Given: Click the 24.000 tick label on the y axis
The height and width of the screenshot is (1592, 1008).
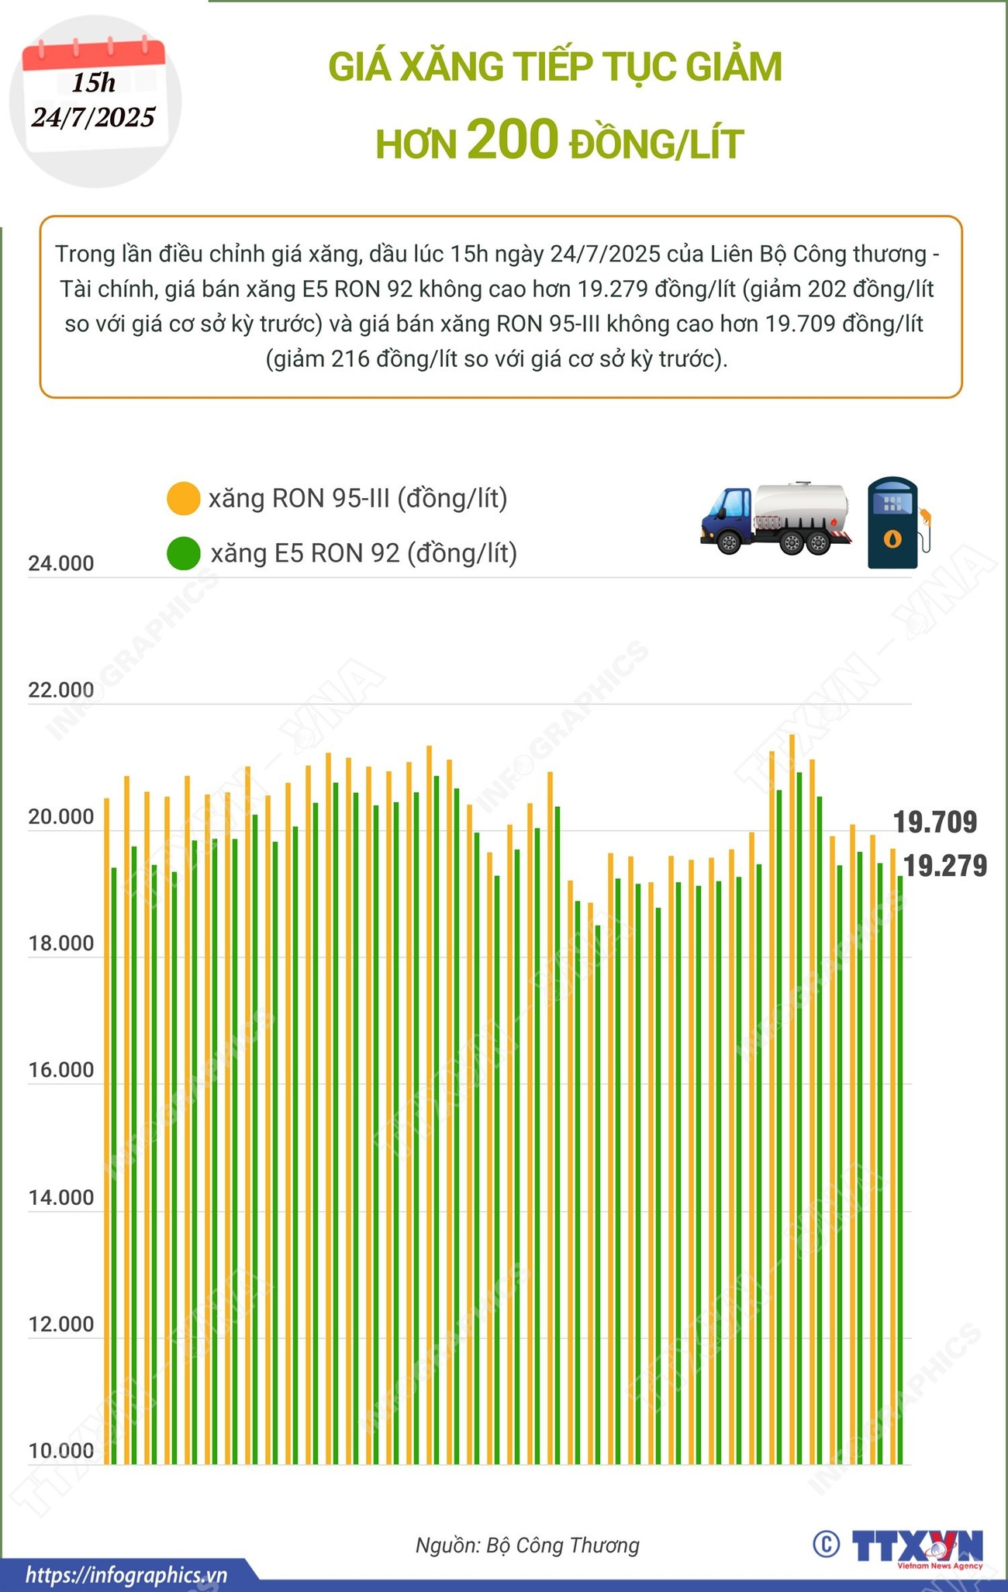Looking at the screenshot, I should pos(60,564).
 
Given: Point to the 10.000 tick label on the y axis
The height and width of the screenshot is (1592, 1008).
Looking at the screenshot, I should pos(60,1451).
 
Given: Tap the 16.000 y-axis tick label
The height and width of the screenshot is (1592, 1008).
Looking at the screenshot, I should pos(60,1071).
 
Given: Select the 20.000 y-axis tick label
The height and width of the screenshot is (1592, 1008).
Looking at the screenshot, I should pos(60,817).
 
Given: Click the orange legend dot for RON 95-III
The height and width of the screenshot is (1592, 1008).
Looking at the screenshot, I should pos(184,498).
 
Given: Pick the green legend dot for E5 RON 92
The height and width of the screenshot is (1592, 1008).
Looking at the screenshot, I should pos(184,553).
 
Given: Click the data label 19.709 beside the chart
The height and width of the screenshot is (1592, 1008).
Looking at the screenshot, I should pos(935,822).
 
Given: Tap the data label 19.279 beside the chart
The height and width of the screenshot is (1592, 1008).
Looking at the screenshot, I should pos(945,865).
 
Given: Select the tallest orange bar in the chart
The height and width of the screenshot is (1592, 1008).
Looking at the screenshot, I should pos(792,1086).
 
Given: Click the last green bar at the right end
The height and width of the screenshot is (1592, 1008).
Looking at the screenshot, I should pos(900,1164).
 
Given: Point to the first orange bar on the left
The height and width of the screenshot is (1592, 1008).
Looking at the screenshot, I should pos(107,1125).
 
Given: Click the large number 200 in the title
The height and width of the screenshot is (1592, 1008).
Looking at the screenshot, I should pos(513,140).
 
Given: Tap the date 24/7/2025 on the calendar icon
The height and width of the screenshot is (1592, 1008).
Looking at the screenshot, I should pos(94,117).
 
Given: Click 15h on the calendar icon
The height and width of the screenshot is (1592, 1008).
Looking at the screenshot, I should pos(94,82).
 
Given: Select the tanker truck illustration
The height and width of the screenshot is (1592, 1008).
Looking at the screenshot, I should pos(775,518).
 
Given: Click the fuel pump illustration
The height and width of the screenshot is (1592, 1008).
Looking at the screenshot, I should pos(893,523).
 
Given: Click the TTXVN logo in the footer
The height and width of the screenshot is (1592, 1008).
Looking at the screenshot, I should pos(917,1545).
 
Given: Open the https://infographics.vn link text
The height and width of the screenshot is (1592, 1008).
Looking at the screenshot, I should pos(126,1576).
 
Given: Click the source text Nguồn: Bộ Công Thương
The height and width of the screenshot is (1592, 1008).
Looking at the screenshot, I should pos(527,1545).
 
